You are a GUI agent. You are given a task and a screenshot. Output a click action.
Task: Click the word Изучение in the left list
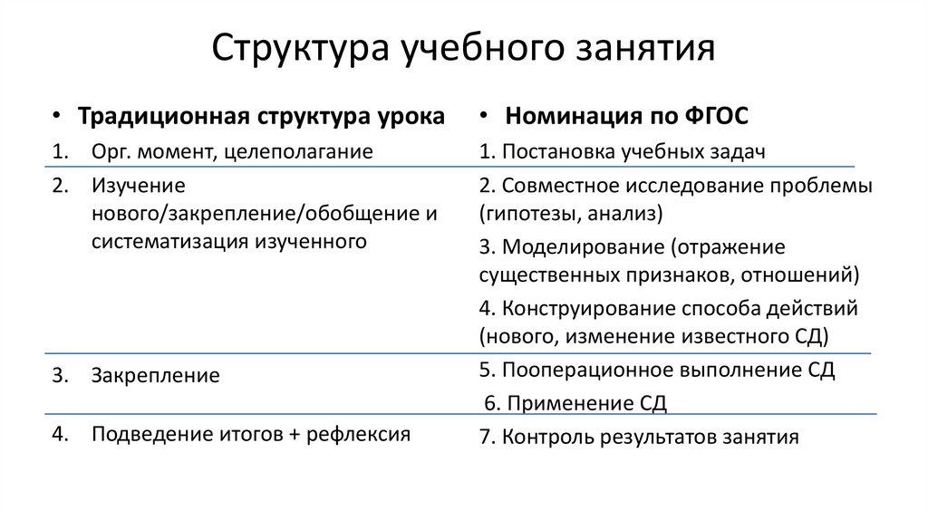click(138, 186)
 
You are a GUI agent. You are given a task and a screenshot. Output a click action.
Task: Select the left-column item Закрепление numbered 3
click(154, 375)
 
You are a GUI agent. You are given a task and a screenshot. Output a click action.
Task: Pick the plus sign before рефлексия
click(293, 434)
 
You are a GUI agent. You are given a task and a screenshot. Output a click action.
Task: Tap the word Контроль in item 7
click(542, 437)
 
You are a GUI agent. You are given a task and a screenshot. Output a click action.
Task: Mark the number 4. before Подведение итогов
click(60, 434)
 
